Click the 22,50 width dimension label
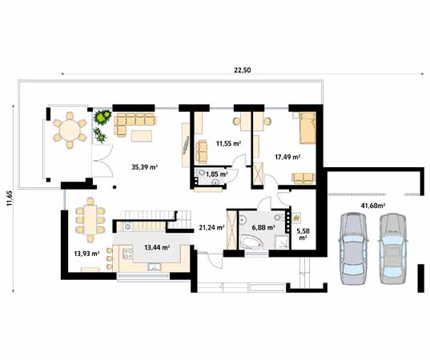pos(242,70)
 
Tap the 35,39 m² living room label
pos(144,167)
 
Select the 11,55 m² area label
pos(230,144)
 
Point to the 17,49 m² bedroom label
pos(287,157)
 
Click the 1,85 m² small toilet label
pos(217,174)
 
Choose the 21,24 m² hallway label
pos(210,227)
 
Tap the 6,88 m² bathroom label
pos(264,227)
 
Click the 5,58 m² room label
pos(303,233)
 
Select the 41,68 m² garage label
pos(372,206)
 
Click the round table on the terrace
pos(70,130)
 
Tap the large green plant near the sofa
pos(102,120)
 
